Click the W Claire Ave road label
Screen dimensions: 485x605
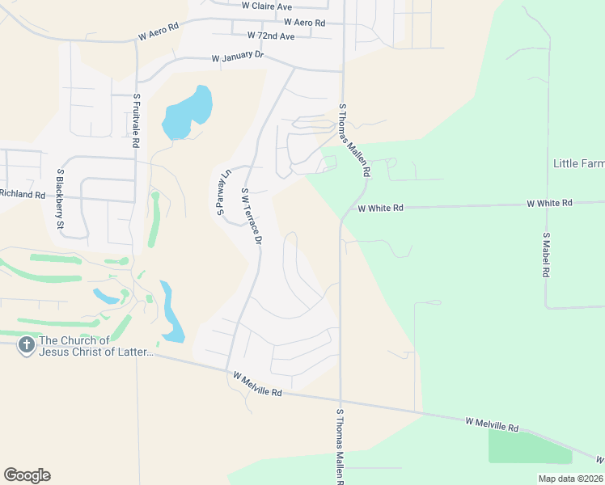click(267, 6)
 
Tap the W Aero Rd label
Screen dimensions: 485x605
click(304, 23)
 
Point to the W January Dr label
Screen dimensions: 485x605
click(238, 57)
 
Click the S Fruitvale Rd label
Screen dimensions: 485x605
click(137, 120)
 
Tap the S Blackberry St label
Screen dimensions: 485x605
click(60, 199)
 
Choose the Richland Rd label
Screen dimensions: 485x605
click(23, 194)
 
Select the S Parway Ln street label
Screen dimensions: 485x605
click(222, 192)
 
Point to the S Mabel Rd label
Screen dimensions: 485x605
click(547, 255)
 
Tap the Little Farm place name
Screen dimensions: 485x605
click(578, 163)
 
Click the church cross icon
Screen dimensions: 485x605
click(26, 346)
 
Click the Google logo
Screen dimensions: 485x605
click(27, 475)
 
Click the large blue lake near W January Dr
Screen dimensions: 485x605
click(188, 112)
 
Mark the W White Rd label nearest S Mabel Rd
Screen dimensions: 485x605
click(549, 203)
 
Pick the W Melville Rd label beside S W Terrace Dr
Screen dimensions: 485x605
click(257, 384)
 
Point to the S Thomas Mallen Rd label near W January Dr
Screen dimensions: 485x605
click(354, 140)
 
